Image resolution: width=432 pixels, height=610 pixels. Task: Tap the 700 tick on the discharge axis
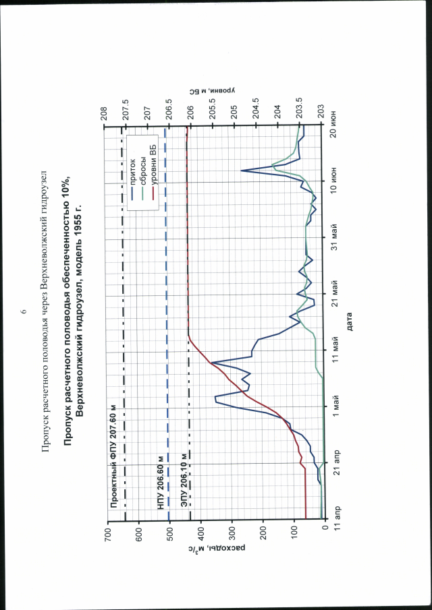click(x=107, y=530)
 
